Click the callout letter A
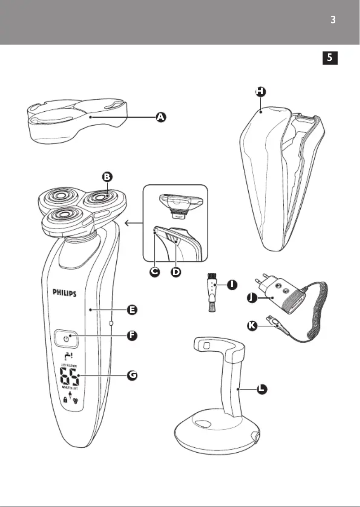click(x=161, y=117)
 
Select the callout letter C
click(x=154, y=272)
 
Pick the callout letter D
click(x=176, y=272)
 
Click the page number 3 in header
click(x=333, y=21)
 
